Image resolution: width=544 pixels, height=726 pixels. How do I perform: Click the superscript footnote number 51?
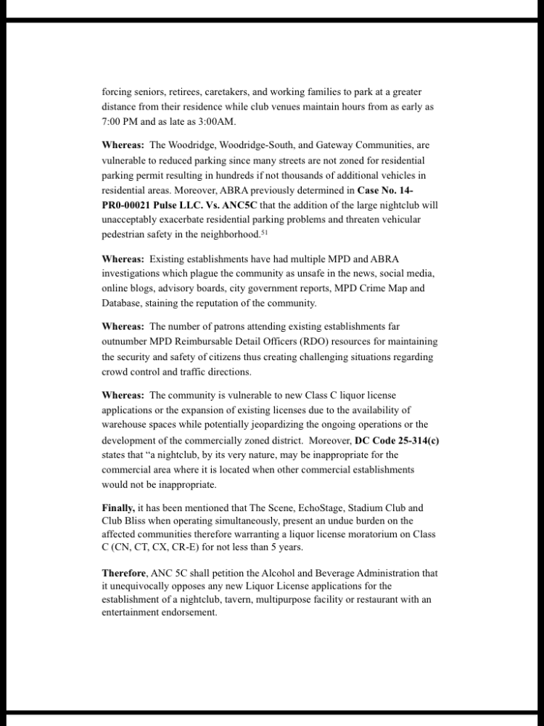(263, 232)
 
